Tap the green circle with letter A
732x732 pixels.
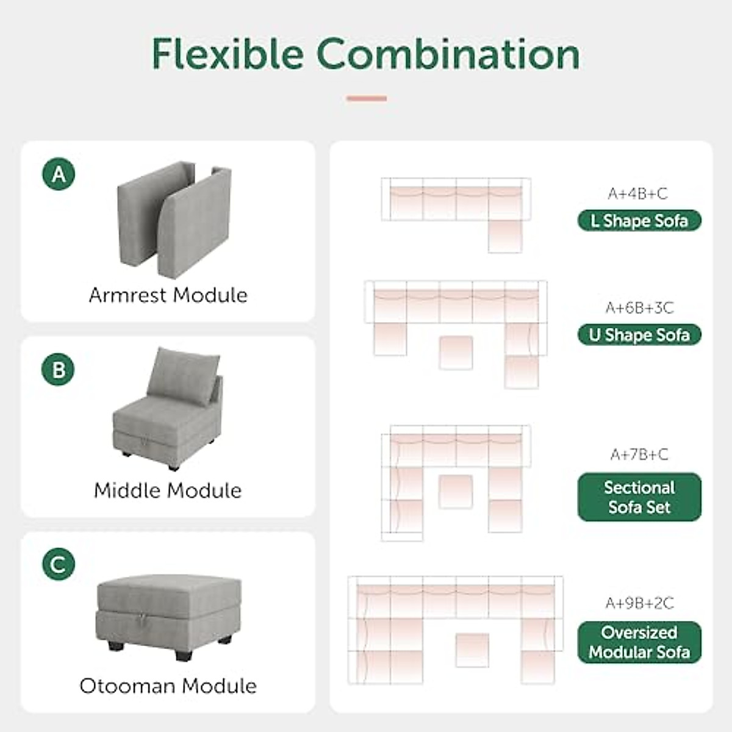coord(59,174)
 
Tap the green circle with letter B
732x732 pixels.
coord(59,370)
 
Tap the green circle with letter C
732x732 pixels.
coord(59,564)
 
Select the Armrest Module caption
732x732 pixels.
coord(168,295)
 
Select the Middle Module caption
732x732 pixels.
coord(168,490)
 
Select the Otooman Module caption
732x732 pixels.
coord(168,686)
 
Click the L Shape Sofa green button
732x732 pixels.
coord(639,221)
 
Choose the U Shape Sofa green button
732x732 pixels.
coord(639,335)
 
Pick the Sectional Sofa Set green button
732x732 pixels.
coord(639,497)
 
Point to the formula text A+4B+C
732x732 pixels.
coord(637,193)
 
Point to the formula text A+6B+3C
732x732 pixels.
coord(639,307)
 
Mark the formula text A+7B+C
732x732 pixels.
coord(639,454)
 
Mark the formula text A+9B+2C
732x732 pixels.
coord(639,603)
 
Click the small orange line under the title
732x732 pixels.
coord(367,98)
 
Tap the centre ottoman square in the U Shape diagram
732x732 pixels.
coord(456,352)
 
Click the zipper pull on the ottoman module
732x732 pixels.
coord(142,621)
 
